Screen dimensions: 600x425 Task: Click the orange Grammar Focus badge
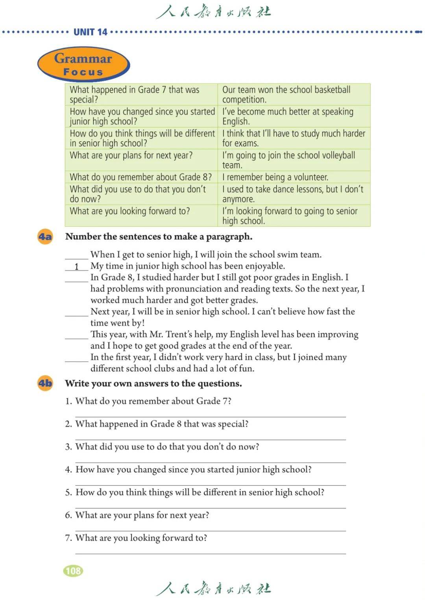(83, 64)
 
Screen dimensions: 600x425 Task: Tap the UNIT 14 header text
(90, 32)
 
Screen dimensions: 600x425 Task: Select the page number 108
(73, 571)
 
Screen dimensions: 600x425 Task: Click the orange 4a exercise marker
(45, 237)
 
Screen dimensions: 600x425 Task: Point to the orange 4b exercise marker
(45, 383)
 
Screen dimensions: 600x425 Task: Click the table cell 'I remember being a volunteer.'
(275, 177)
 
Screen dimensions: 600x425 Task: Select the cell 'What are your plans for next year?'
(131, 156)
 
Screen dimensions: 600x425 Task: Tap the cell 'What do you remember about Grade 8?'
(140, 177)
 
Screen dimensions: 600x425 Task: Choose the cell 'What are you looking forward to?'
(130, 212)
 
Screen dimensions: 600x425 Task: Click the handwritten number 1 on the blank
(77, 267)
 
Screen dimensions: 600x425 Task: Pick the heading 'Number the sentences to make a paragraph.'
(159, 237)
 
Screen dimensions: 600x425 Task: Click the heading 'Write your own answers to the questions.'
(153, 383)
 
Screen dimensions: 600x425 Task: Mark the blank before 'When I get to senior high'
(77, 256)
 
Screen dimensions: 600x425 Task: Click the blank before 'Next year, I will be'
(77, 313)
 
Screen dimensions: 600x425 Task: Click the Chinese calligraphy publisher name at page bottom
(213, 588)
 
